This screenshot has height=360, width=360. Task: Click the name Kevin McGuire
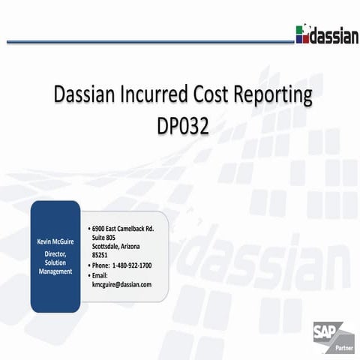55,242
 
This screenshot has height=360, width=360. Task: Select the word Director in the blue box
55,254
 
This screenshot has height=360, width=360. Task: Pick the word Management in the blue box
55,271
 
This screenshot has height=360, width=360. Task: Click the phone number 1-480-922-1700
131,265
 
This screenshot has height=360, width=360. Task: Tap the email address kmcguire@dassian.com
121,285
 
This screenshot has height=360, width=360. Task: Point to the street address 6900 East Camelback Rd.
123,227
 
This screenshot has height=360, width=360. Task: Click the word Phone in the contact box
100,265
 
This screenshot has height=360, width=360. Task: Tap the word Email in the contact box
101,275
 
